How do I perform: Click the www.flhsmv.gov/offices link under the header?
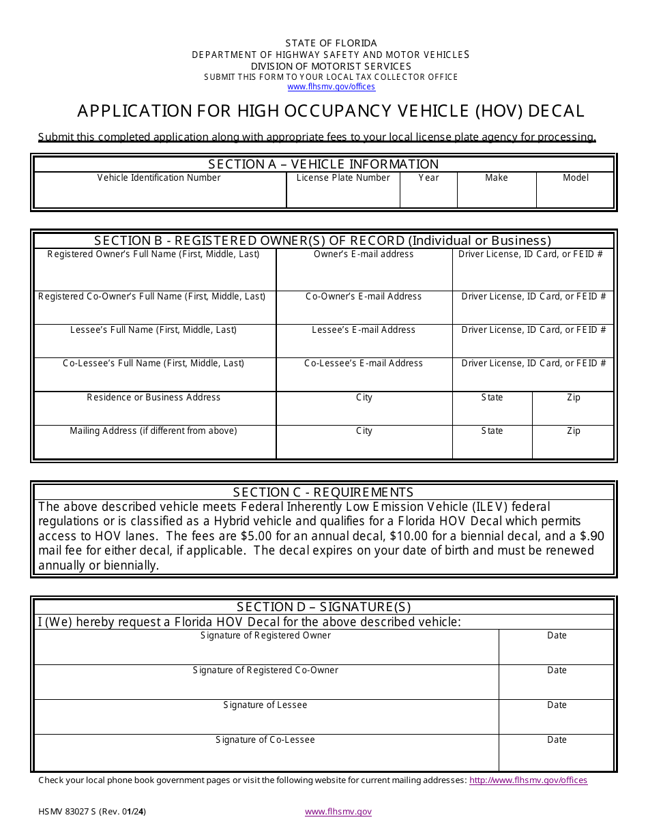331,87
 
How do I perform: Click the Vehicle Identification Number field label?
159,178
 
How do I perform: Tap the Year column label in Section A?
428,178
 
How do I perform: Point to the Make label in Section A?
496,178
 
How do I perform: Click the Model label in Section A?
575,178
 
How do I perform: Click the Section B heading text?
323,241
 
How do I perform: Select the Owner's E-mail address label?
364,254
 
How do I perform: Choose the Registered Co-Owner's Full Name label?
152,297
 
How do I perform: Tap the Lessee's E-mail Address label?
364,330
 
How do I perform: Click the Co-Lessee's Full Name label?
153,364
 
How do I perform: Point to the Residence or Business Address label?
153,398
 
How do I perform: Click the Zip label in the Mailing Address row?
574,431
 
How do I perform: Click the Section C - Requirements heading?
323,492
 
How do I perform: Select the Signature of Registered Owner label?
265,636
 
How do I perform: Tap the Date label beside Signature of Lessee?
557,705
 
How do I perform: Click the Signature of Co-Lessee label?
265,740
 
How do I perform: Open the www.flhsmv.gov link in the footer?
338,812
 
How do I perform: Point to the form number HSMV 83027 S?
68,812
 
